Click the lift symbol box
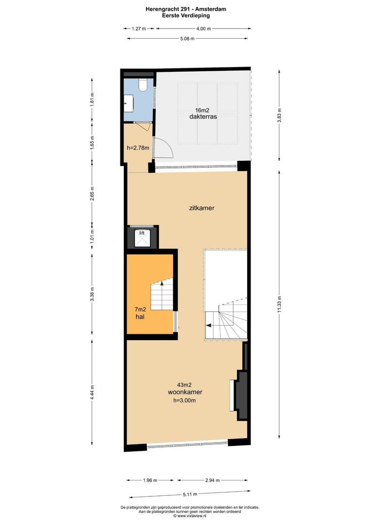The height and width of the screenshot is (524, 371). click(x=142, y=237)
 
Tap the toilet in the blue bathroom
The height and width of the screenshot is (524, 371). click(x=143, y=85)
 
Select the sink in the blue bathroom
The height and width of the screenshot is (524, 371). click(x=129, y=103)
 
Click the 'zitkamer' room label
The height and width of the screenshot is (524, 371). click(x=202, y=208)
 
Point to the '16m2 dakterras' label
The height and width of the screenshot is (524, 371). click(x=203, y=114)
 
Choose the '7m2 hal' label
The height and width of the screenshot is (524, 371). click(x=140, y=313)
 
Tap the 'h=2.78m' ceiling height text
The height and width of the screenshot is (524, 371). click(x=137, y=148)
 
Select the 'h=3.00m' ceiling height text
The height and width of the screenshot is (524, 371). click(x=185, y=401)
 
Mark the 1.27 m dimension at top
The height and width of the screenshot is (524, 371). click(x=139, y=29)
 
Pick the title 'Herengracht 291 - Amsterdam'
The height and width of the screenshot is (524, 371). click(x=186, y=9)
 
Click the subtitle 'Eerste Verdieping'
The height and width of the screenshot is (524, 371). click(x=186, y=15)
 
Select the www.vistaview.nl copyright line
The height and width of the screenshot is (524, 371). click(x=186, y=516)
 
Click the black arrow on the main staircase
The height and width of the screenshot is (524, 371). click(x=209, y=326)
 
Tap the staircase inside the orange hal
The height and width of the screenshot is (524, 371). click(x=161, y=295)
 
